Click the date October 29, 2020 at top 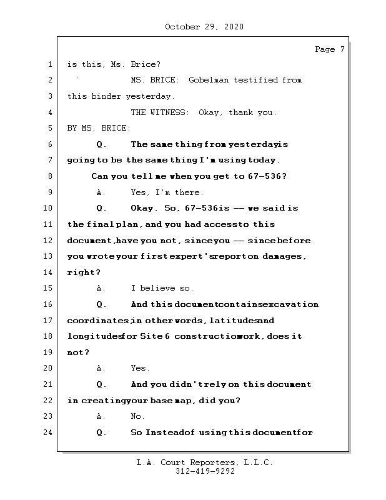[204, 27]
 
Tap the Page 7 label [329, 49]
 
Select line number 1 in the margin [49, 64]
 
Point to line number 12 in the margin [49, 241]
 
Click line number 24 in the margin [49, 432]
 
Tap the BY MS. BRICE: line [99, 128]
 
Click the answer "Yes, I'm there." [167, 192]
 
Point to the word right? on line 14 [84, 272]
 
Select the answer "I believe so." [162, 288]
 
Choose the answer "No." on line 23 [137, 416]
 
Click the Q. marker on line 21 [102, 384]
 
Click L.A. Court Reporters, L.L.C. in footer [204, 463]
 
